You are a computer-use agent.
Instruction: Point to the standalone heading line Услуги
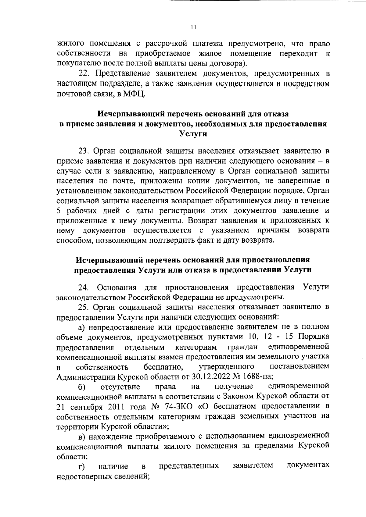coord(192,134)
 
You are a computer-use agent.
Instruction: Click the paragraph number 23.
coord(83,151)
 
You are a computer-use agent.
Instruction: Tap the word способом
coord(75,240)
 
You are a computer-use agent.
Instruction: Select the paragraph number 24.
coord(83,287)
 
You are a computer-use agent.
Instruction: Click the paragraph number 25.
coord(83,307)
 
